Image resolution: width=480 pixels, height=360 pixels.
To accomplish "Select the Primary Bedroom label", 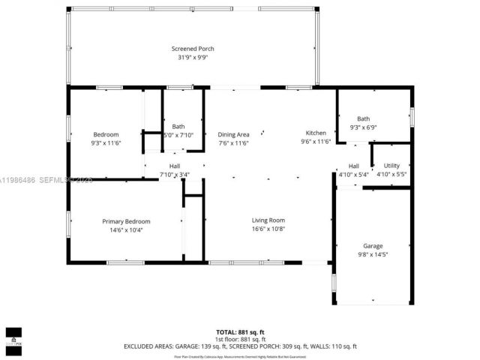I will click(126, 221).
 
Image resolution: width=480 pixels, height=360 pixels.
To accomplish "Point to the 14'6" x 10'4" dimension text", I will click(126, 229).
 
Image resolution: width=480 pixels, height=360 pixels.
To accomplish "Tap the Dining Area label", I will click(233, 134).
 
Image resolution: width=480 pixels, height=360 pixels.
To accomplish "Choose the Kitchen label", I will click(315, 133).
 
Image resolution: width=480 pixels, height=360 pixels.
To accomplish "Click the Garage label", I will click(373, 246).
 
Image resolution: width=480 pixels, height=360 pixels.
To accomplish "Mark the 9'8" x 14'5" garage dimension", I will click(373, 254).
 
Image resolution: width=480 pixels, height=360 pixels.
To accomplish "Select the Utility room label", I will click(391, 166).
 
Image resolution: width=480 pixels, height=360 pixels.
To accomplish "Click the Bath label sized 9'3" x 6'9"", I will click(363, 118).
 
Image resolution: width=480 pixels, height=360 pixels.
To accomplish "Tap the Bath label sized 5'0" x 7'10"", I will click(178, 126).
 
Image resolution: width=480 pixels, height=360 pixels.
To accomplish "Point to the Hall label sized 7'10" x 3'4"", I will click(174, 166).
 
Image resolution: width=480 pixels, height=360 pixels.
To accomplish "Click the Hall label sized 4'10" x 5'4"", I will click(354, 166).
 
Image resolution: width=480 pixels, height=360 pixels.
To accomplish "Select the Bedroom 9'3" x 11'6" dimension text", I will click(106, 142).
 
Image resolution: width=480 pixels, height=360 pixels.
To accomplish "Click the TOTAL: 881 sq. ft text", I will click(239, 331).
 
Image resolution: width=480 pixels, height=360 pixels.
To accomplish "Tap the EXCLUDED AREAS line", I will click(239, 346).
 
